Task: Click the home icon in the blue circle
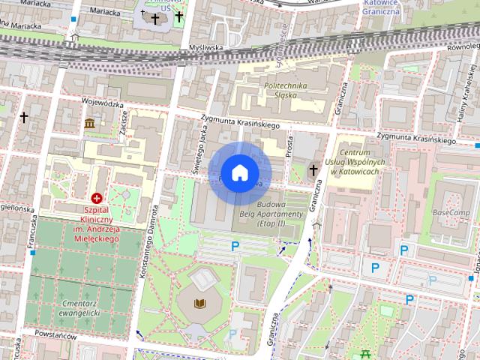pyautogui.click(x=239, y=173)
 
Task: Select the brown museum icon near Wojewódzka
pyautogui.click(x=89, y=123)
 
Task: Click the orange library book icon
pyautogui.click(x=199, y=302)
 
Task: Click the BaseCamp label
pyautogui.click(x=451, y=213)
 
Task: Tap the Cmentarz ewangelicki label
pyautogui.click(x=82, y=309)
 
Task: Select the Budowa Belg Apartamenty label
pyautogui.click(x=280, y=214)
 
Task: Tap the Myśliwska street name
pyautogui.click(x=207, y=48)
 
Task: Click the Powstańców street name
pyautogui.click(x=55, y=336)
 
